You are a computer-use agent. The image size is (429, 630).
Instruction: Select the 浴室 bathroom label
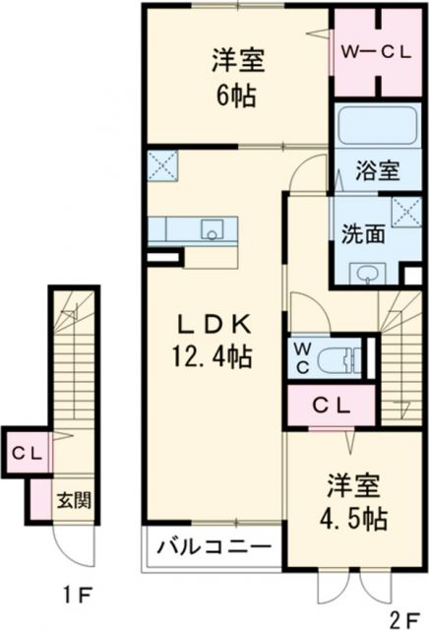[376, 169]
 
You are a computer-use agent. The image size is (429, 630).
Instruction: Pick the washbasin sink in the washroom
[368, 272]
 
